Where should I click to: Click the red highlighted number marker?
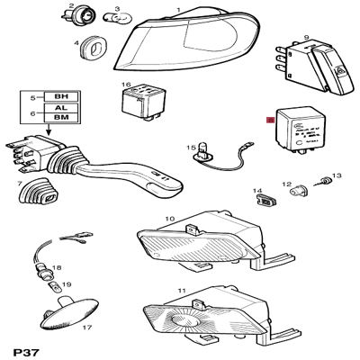pos(271,119)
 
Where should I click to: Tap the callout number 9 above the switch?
pos(307,37)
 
